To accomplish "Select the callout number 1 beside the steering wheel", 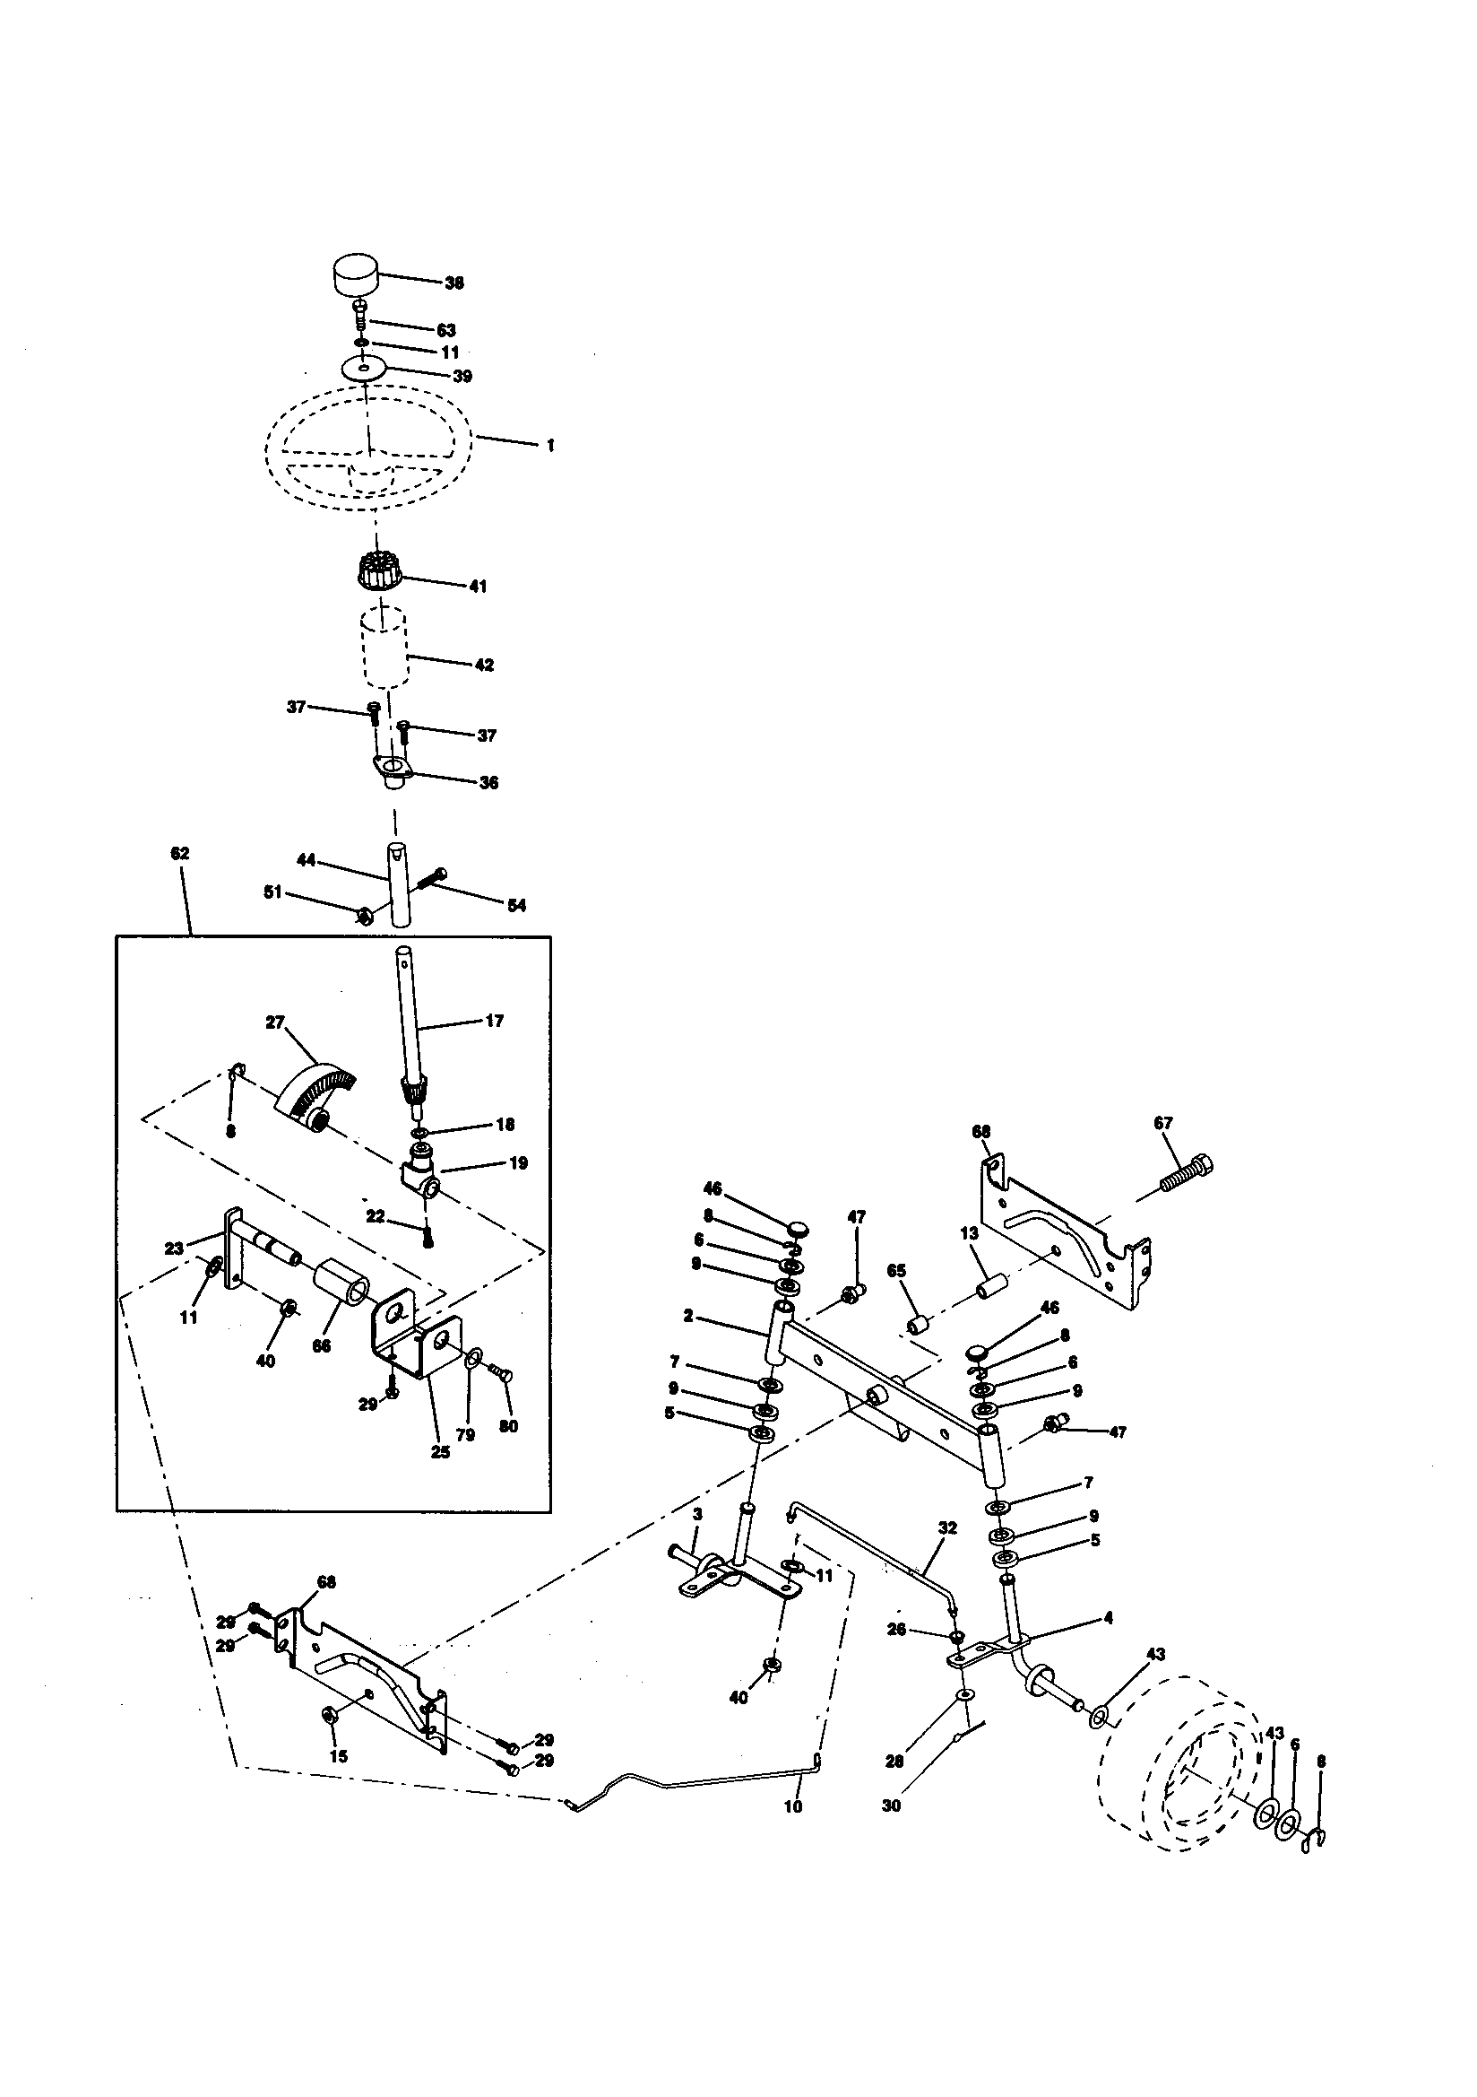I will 550,446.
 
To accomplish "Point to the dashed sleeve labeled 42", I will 384,649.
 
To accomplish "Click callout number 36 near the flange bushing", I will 488,783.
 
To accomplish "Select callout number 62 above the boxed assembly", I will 180,853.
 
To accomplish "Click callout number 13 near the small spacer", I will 969,1233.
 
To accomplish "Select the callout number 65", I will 896,1271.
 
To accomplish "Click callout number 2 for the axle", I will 687,1316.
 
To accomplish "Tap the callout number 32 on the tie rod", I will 947,1528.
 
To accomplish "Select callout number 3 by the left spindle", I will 696,1514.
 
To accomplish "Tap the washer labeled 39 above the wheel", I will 365,368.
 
